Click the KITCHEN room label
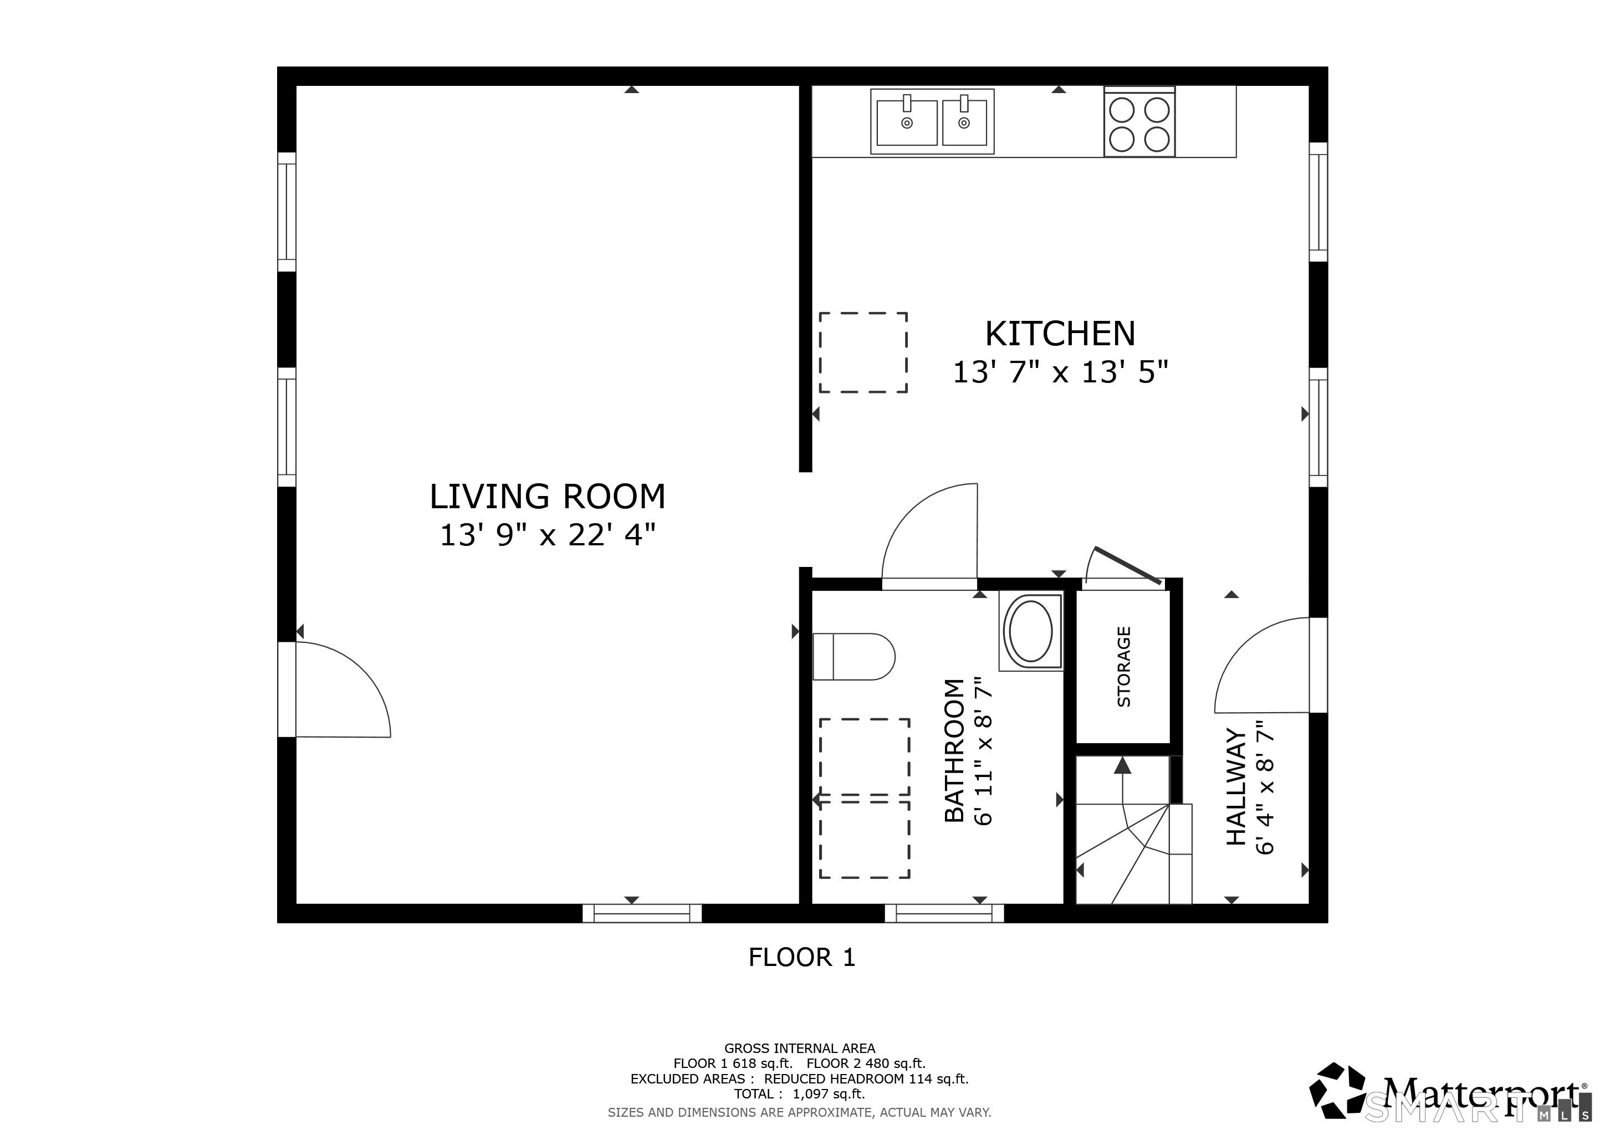pos(1060,334)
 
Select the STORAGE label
pos(1124,667)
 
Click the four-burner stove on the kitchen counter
pos(1139,121)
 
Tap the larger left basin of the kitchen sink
pos(907,122)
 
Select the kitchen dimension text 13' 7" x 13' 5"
pos(1060,372)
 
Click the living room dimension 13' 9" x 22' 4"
pos(548,535)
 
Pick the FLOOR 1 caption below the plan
pos(802,957)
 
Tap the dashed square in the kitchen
pos(863,353)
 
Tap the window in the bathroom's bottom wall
pos(944,913)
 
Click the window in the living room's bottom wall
pos(642,913)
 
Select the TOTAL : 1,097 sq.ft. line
pos(799,1095)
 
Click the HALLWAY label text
pos(1236,787)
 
